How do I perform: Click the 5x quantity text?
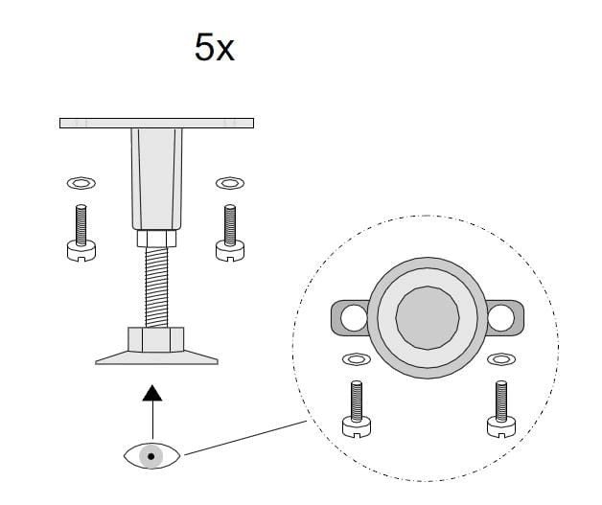(214, 47)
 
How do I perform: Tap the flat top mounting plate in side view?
(156, 124)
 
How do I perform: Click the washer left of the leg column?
(81, 183)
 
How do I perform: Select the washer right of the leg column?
(230, 183)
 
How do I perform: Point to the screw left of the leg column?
(81, 233)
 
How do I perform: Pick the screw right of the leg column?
(230, 233)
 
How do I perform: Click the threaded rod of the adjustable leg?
(156, 287)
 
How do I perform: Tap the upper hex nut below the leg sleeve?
(156, 239)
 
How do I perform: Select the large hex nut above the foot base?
(156, 339)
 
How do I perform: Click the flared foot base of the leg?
(156, 357)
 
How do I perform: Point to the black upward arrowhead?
(152, 393)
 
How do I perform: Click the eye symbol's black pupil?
(150, 456)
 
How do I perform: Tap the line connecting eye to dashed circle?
(245, 438)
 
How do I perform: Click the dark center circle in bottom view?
(428, 318)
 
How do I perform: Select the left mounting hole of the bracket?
(354, 318)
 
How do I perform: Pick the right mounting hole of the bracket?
(500, 318)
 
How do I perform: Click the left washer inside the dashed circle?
(357, 359)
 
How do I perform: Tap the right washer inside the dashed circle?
(501, 359)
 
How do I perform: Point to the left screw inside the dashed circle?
(357, 408)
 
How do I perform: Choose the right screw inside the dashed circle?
(501, 408)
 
